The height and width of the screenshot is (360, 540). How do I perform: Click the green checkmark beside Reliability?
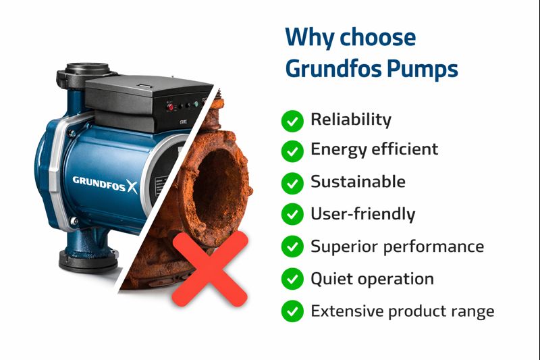(292, 121)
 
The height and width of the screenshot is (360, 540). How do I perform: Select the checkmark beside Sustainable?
(292, 182)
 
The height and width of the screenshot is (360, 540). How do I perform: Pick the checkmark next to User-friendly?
(292, 215)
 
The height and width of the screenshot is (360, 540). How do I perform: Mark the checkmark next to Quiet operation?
(292, 279)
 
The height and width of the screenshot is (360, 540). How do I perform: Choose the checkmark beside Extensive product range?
(292, 311)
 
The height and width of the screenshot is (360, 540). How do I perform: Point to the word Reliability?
(350, 120)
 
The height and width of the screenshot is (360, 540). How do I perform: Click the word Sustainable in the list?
(358, 182)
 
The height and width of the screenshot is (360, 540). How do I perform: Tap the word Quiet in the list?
(333, 279)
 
